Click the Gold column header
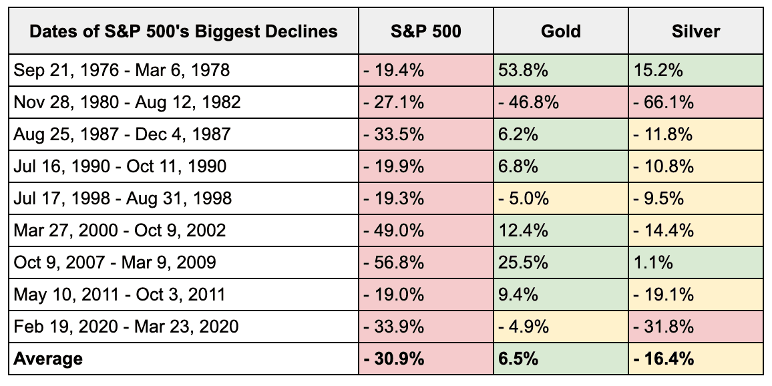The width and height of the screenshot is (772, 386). (561, 31)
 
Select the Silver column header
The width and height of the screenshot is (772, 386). (697, 31)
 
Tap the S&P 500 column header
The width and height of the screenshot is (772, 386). (425, 31)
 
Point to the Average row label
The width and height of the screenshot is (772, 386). (49, 359)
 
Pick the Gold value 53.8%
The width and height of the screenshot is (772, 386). (519, 70)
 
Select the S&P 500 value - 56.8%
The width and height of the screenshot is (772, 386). (393, 262)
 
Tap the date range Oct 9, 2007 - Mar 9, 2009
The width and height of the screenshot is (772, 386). (115, 262)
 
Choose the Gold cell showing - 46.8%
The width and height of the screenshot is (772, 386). (527, 102)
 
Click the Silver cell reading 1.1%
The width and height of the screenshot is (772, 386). (650, 262)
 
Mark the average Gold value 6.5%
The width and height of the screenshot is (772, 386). (517, 359)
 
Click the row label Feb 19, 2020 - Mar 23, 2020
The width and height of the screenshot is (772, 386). (126, 327)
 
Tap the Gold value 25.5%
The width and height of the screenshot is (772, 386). (519, 262)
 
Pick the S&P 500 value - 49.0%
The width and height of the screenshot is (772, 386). (393, 230)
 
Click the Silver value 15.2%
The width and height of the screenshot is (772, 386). (654, 70)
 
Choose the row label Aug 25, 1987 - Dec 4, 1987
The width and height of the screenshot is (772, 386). (122, 134)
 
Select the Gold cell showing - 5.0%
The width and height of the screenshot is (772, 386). (523, 198)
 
